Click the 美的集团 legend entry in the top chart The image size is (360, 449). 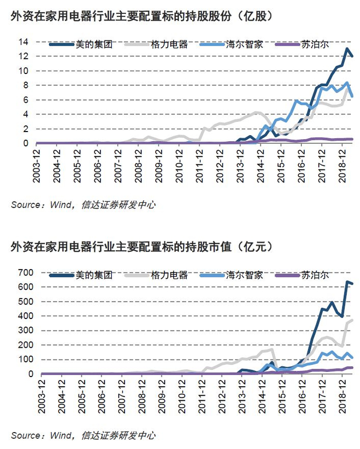[x=81, y=44]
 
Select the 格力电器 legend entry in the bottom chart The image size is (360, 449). [x=156, y=275]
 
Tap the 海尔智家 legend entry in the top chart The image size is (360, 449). [x=231, y=44]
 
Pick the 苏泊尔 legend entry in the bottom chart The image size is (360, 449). [x=302, y=275]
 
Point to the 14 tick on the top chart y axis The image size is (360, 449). [x=24, y=42]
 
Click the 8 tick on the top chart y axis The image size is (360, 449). [x=26, y=85]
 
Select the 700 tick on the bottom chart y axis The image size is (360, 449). [x=26, y=272]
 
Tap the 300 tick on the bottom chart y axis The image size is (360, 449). [x=26, y=330]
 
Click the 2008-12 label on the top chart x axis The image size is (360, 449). [x=138, y=166]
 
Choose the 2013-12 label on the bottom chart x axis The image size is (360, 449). [x=242, y=397]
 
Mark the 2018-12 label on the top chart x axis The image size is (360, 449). [x=342, y=166]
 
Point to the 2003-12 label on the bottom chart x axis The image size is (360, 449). [x=42, y=397]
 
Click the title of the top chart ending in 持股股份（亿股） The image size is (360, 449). [x=141, y=16]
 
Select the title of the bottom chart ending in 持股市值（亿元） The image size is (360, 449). [x=141, y=247]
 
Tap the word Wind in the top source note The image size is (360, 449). [x=61, y=205]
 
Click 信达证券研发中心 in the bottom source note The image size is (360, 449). [x=118, y=436]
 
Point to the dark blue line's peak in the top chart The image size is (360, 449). [x=347, y=49]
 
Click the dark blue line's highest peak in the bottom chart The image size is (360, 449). [x=347, y=282]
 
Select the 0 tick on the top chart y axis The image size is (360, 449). [x=26, y=143]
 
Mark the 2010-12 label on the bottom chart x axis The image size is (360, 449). [x=182, y=397]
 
